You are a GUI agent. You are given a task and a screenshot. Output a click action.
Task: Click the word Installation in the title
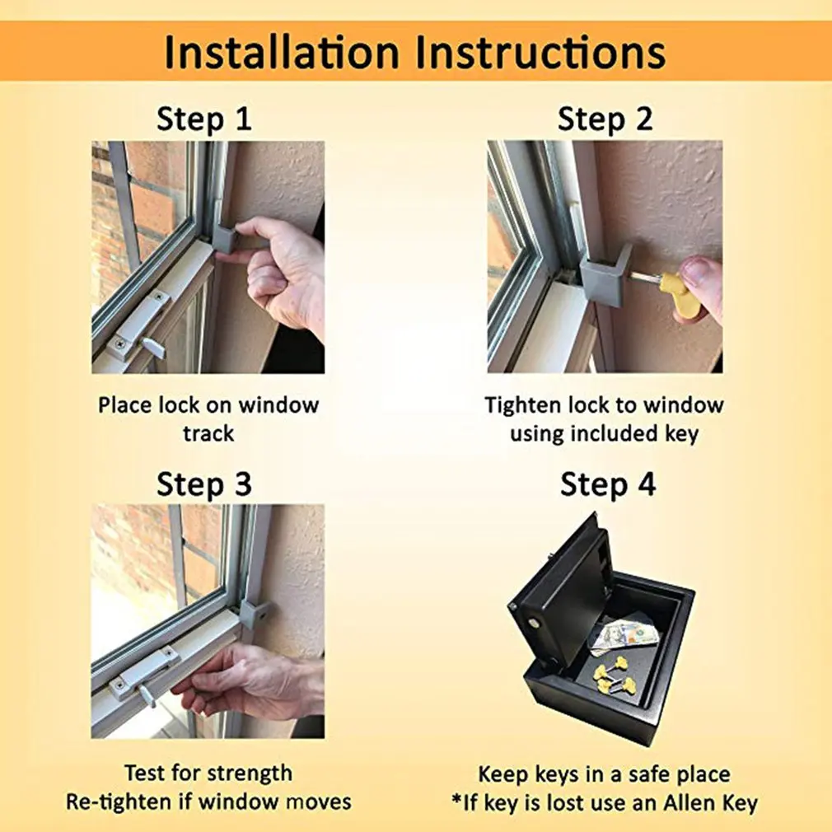click(281, 52)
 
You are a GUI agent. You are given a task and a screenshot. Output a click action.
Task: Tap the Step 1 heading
click(203, 119)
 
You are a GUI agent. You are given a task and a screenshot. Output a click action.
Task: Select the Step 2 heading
click(605, 119)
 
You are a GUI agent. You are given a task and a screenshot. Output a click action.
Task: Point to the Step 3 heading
click(203, 484)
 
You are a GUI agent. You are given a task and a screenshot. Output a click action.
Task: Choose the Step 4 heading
click(608, 484)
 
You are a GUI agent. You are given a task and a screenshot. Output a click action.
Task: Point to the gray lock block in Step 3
click(255, 613)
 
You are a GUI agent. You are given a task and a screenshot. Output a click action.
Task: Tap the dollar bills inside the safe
click(624, 637)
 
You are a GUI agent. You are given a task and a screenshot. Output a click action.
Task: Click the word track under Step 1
click(208, 433)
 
